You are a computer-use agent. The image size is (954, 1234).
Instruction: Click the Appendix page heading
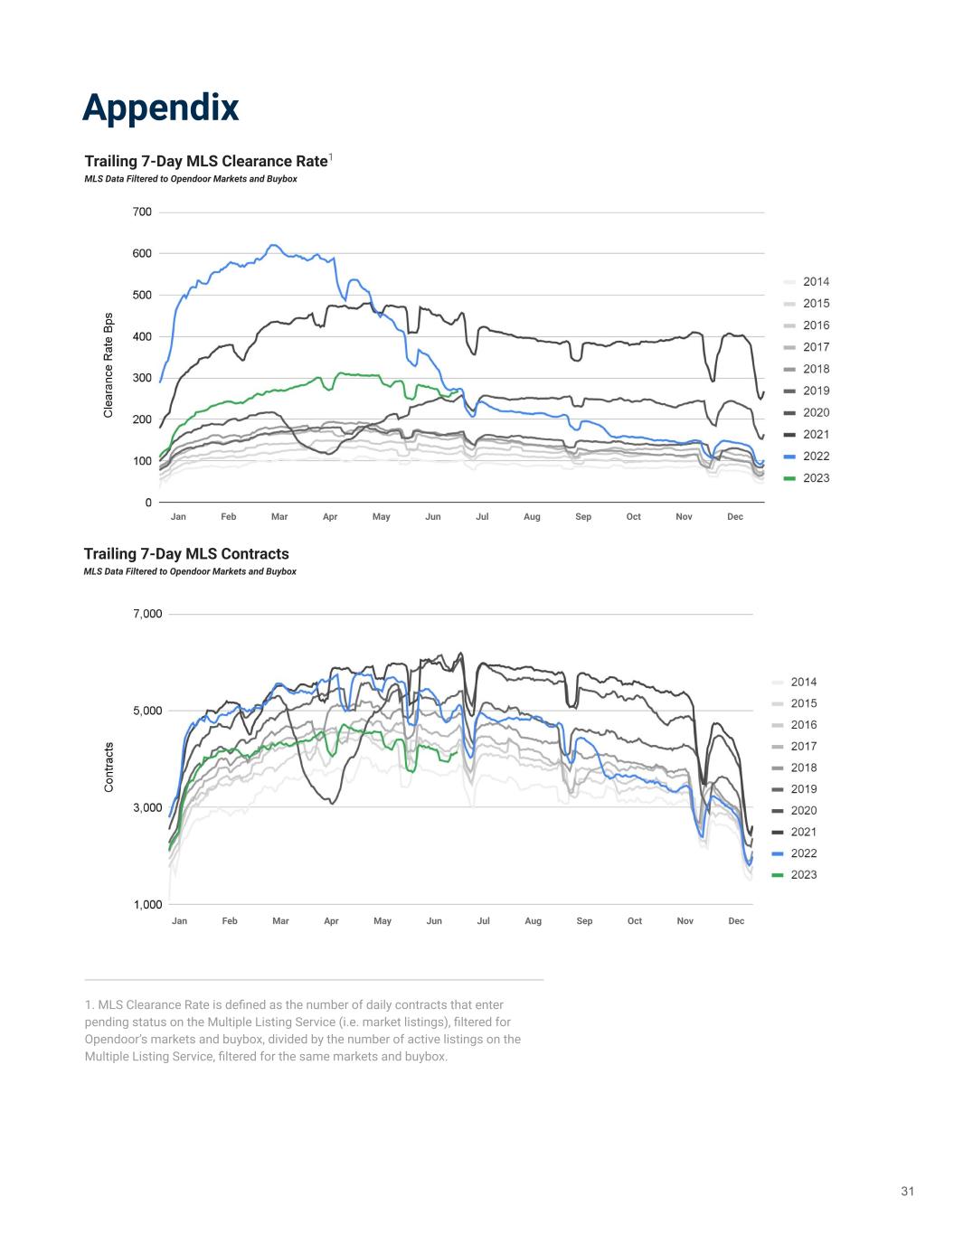click(160, 108)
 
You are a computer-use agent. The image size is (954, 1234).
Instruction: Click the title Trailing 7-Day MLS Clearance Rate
click(205, 161)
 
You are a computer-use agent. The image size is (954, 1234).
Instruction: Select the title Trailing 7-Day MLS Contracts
click(186, 553)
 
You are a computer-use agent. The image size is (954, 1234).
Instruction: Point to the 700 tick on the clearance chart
click(142, 212)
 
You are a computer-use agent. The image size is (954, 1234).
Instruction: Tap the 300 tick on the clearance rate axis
click(142, 378)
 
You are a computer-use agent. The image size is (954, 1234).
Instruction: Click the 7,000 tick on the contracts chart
click(147, 615)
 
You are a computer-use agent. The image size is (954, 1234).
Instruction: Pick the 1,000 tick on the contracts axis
click(147, 904)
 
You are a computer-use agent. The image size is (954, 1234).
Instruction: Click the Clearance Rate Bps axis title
click(109, 365)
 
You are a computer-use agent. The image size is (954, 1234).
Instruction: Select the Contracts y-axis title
click(109, 768)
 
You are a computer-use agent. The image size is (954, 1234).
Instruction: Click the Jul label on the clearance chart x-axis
click(482, 517)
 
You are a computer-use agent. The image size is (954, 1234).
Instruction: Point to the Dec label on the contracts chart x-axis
click(736, 921)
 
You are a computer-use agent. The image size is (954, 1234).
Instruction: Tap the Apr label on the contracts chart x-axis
click(331, 921)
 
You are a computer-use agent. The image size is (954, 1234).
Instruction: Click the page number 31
click(907, 1192)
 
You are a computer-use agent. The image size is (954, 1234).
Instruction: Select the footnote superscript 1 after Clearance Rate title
click(331, 157)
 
